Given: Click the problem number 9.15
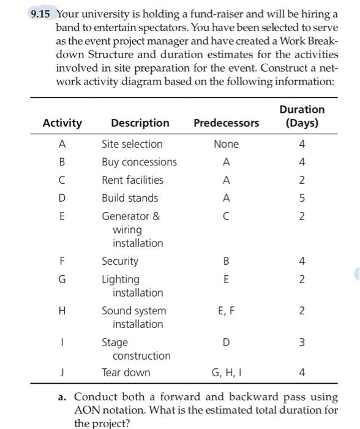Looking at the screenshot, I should pyautogui.click(x=43, y=13).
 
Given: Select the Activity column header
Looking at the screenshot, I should pyautogui.click(x=62, y=123).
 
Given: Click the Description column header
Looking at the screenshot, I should pyautogui.click(x=140, y=123).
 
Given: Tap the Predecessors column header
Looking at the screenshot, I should pyautogui.click(x=226, y=123).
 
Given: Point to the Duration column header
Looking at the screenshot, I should pyautogui.click(x=302, y=116).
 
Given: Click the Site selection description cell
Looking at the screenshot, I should pyautogui.click(x=132, y=144).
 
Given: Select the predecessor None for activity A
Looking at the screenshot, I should pyautogui.click(x=226, y=144).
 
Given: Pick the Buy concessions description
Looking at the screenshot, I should pyautogui.click(x=139, y=162).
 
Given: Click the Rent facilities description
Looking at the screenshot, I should pyautogui.click(x=132, y=180).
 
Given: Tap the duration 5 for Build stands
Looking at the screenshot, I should pyautogui.click(x=302, y=198).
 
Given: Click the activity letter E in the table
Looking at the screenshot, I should pyautogui.click(x=62, y=216).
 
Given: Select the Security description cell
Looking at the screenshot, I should pyautogui.click(x=120, y=261).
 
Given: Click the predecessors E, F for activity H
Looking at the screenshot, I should pyautogui.click(x=226, y=311).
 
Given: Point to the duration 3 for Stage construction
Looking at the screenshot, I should pyautogui.click(x=302, y=342).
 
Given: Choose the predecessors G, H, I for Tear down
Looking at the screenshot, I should pyautogui.click(x=226, y=372).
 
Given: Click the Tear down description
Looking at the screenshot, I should pyautogui.click(x=126, y=372).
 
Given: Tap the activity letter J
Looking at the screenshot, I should pyautogui.click(x=62, y=372).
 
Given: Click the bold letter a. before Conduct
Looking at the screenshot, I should pyautogui.click(x=62, y=397).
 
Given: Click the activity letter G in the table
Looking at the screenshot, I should pyautogui.click(x=62, y=279).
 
